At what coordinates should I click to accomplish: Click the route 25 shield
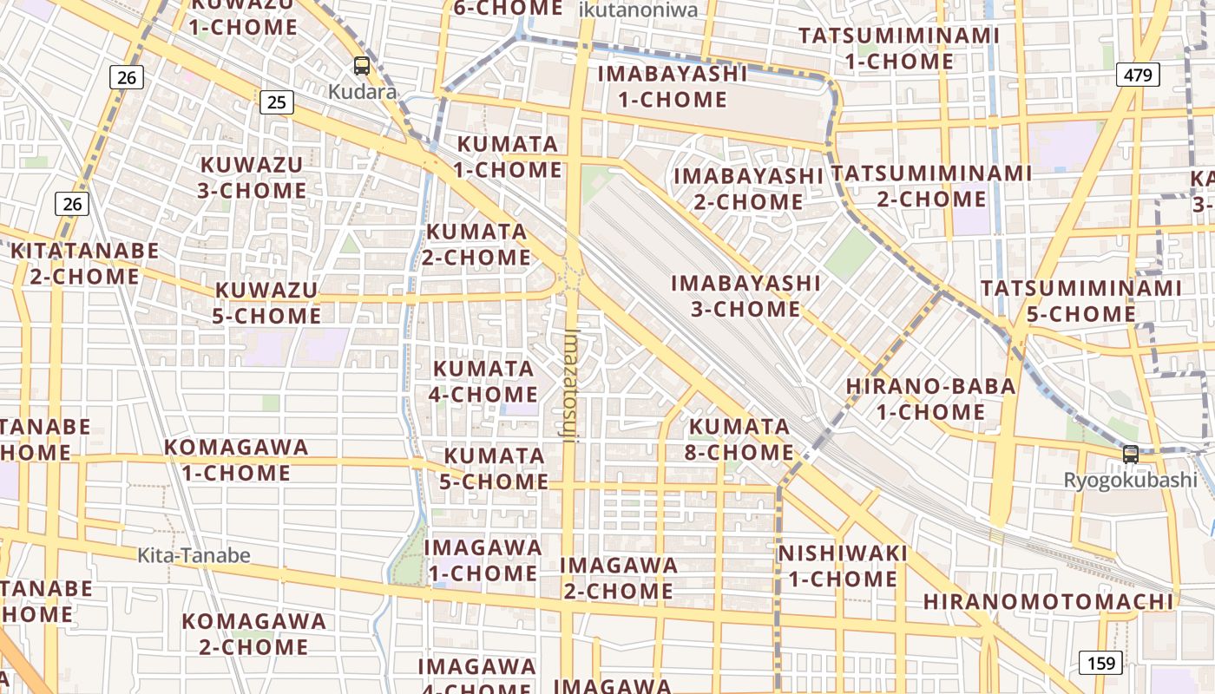pos(276,102)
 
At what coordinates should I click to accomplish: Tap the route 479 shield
pos(1138,75)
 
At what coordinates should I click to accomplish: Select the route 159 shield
pos(1101,664)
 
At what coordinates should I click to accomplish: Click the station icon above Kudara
pos(362,65)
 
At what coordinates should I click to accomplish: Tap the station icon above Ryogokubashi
pos(1130,454)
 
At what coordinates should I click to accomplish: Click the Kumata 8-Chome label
pos(740,440)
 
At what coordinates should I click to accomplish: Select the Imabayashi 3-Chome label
pos(745,296)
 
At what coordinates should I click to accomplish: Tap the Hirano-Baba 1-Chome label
pos(930,398)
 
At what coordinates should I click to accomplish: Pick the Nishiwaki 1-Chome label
pos(843,566)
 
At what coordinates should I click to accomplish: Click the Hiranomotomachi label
pos(1048,601)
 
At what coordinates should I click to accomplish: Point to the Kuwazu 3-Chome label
pos(252,177)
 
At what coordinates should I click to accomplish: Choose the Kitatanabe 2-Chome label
pos(85,264)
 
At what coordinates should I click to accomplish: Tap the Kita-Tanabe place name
pos(194,555)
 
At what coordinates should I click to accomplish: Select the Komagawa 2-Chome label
pos(254,634)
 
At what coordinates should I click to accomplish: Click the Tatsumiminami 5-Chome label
pos(1080,300)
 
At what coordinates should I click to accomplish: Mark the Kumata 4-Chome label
pos(483,381)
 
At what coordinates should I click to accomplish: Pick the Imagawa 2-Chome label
pos(619,578)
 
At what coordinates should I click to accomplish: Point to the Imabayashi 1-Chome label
pos(673,86)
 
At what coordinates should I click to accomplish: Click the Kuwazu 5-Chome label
pos(267,302)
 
